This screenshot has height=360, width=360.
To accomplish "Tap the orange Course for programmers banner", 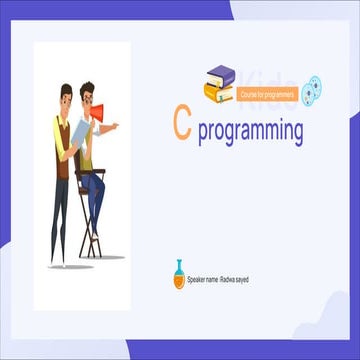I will [x=267, y=95].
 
